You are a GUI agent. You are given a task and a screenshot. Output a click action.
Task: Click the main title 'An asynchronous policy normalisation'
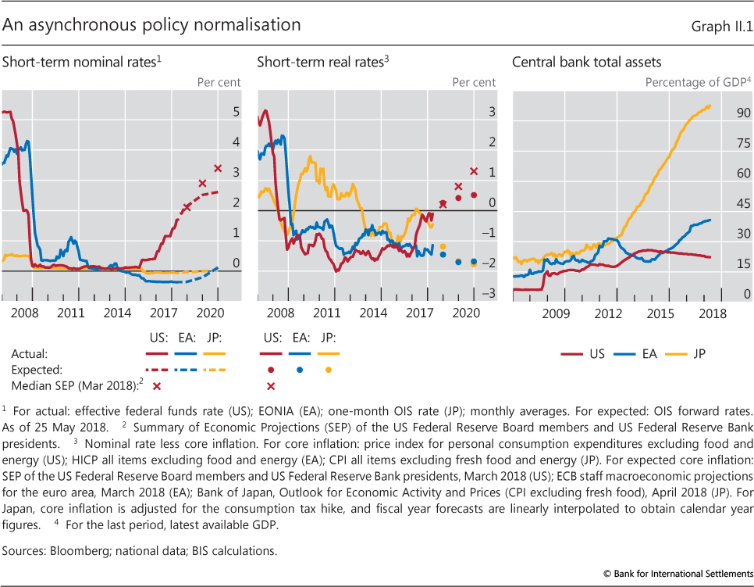pyautogui.click(x=151, y=25)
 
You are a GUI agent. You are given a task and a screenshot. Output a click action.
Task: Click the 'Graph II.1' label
pyautogui.click(x=720, y=27)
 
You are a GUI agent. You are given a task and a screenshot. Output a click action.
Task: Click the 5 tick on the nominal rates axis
pyautogui.click(x=237, y=113)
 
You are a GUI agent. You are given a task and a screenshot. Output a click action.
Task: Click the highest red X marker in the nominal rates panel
pyautogui.click(x=218, y=168)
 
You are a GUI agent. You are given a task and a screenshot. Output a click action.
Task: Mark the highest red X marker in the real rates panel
pyautogui.click(x=473, y=171)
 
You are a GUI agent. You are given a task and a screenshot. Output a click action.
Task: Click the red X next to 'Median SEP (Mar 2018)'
pyautogui.click(x=156, y=386)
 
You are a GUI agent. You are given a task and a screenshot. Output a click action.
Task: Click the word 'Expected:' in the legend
pyautogui.click(x=36, y=370)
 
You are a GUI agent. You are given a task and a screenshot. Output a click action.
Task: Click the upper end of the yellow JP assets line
pyautogui.click(x=709, y=106)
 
